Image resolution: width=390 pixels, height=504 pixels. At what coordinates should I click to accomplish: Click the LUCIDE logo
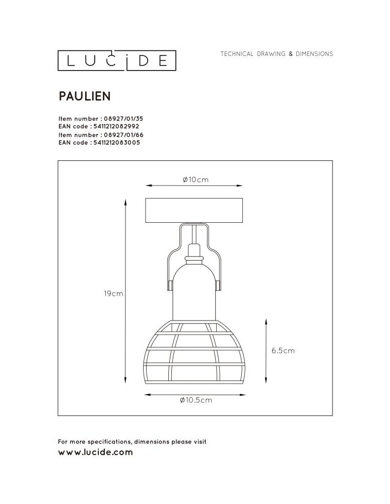click(x=117, y=60)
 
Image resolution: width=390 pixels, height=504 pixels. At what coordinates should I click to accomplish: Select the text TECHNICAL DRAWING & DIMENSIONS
click(x=277, y=54)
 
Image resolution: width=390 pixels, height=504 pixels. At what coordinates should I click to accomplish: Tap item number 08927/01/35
click(x=119, y=118)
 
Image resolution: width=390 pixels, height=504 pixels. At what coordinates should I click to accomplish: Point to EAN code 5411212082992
click(x=116, y=127)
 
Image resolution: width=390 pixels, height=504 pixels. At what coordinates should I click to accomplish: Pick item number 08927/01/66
click(x=119, y=135)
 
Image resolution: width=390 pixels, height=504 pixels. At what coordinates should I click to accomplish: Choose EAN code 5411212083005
click(x=116, y=143)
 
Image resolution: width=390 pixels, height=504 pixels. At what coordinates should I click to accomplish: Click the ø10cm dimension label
click(x=195, y=180)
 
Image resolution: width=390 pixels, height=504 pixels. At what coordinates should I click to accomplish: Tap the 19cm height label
click(x=113, y=293)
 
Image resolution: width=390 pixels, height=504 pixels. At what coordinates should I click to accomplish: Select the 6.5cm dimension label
click(x=283, y=351)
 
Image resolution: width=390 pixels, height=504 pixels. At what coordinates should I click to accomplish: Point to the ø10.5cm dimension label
click(x=195, y=401)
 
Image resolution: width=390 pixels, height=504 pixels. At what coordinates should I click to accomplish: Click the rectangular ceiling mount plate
click(x=194, y=211)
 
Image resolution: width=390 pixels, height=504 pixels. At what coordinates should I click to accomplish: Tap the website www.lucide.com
click(x=96, y=452)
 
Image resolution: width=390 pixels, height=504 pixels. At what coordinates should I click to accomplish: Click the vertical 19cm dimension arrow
click(x=125, y=290)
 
